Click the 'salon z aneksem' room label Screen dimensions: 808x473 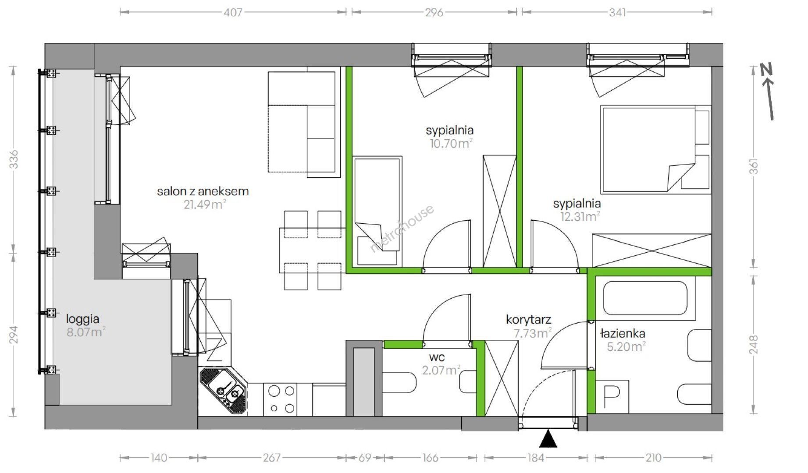tap(203, 191)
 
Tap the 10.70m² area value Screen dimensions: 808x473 tap(451, 143)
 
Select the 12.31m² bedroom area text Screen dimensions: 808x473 tap(580, 216)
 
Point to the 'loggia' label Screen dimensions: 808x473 tap(82, 319)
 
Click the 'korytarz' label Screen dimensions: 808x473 tap(528, 320)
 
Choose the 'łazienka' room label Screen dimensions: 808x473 tap(623, 334)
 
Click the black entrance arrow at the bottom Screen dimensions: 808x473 tap(548, 439)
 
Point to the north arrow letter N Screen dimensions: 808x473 tap(766, 71)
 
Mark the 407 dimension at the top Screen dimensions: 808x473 tap(233, 12)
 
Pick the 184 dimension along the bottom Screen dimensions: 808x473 tap(535, 458)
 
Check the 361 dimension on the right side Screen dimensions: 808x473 tap(753, 166)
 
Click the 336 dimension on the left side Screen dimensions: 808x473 tap(14, 159)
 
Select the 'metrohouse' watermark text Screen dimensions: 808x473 tap(402, 229)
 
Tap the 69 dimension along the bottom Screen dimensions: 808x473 tap(365, 458)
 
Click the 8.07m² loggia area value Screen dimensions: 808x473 tap(86, 332)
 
